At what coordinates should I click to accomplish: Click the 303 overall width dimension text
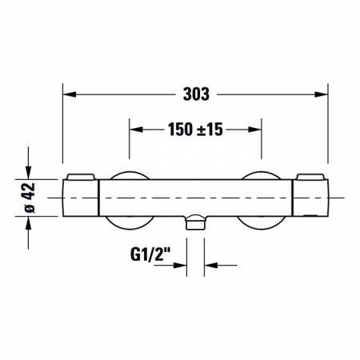tap(196, 94)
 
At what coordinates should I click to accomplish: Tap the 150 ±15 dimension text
tap(195, 130)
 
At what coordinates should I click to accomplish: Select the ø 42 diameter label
tap(30, 198)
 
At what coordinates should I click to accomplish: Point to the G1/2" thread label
tap(150, 254)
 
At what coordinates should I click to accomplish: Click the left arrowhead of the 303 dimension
tap(70, 94)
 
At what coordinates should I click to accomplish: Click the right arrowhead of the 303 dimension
tap(321, 94)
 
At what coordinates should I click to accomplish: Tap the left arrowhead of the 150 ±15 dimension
tap(136, 130)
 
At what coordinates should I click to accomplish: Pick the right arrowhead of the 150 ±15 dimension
tap(254, 130)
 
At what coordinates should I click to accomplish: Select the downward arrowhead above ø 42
tap(28, 173)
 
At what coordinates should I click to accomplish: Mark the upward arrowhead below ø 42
tap(28, 223)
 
